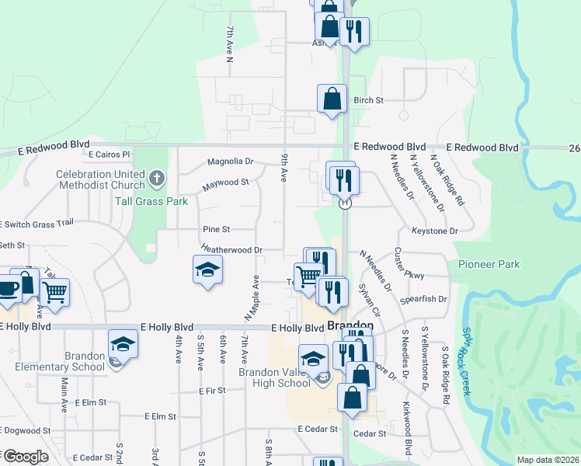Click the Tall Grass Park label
pos(162,200)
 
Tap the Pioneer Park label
pos(489,265)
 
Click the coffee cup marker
pos(7,287)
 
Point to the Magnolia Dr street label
pos(230,162)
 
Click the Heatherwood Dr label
pos(231,250)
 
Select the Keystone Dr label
pos(434,231)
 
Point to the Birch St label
pos(369,100)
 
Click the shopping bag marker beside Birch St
pos(332,99)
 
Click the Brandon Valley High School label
pos(274,377)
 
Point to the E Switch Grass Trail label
pos(36,223)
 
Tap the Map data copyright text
pos(547,460)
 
